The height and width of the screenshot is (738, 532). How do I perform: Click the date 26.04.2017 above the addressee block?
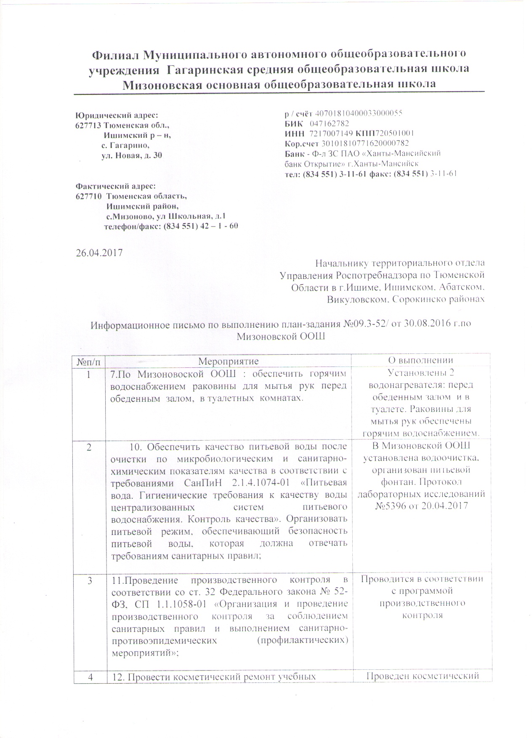(98, 253)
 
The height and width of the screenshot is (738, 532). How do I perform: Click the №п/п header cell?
(89, 361)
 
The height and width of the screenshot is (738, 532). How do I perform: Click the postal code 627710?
(88, 196)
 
